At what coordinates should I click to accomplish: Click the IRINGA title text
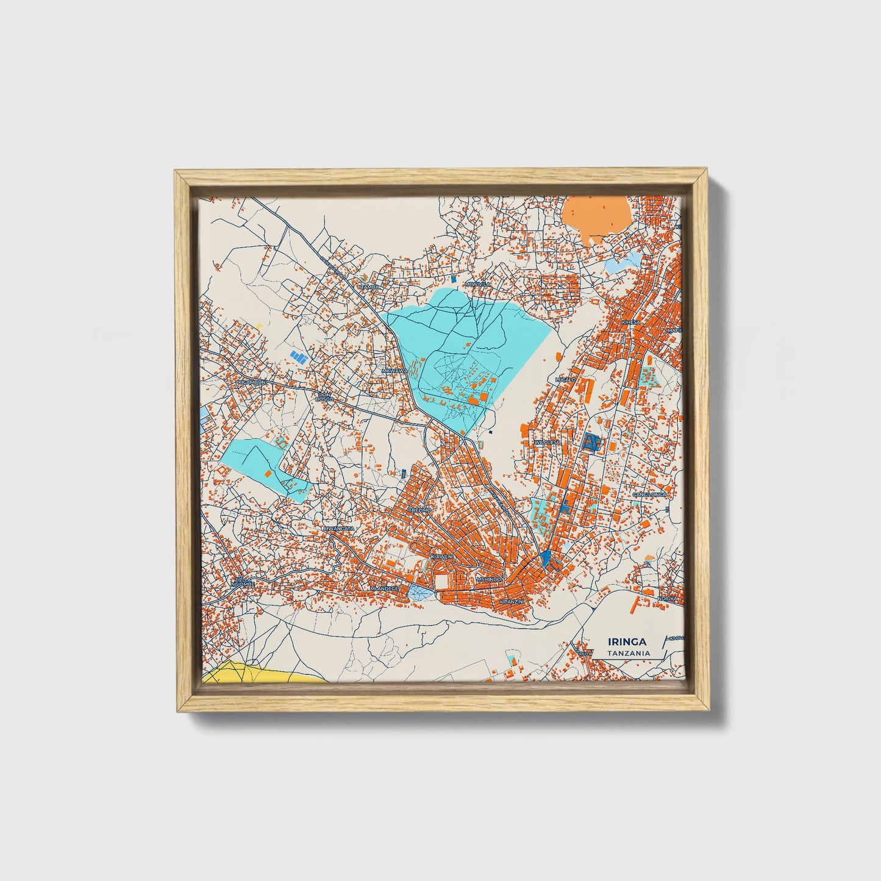(627, 641)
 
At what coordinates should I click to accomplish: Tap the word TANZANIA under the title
(628, 653)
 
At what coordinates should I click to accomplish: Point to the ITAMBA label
(369, 286)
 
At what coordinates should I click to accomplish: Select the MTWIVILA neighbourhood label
(477, 284)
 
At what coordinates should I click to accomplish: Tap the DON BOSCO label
(324, 396)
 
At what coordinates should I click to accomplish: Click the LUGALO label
(565, 379)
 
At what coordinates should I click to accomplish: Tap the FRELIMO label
(420, 509)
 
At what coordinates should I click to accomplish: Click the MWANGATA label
(339, 528)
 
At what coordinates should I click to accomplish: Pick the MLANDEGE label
(385, 588)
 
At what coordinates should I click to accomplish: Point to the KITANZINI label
(512, 601)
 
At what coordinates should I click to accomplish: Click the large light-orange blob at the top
(596, 215)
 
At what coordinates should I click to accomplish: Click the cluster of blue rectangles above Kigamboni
(298, 355)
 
